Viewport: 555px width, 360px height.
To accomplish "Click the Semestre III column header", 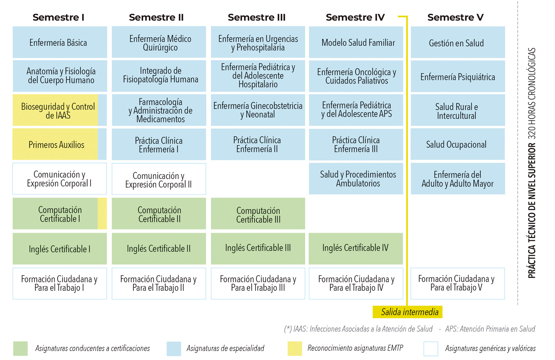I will pos(256,17).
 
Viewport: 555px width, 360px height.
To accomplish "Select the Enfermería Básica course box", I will pos(60,42).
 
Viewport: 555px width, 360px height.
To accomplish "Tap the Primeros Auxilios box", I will pos(56,144).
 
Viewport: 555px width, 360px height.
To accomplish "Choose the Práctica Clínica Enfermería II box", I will pos(258,144).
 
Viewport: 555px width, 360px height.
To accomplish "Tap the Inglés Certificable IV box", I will pos(356,248).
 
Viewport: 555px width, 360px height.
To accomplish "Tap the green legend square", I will pos(20,348).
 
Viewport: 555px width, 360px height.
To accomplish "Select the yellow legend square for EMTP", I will pos(295,348).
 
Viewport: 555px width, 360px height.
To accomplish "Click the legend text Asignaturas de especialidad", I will pos(225,348).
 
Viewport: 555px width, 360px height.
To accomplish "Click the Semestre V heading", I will pos(455,17).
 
